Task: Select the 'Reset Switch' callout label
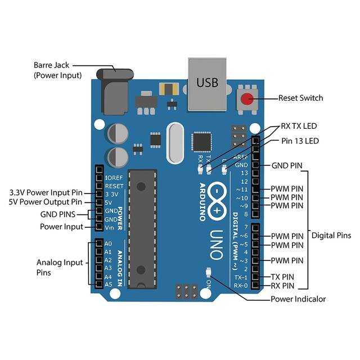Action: tap(300, 98)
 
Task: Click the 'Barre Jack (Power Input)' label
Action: tap(57, 70)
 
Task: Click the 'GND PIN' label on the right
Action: tap(287, 165)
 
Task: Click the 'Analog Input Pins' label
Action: tap(60, 267)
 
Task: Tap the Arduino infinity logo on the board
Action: tap(217, 199)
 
